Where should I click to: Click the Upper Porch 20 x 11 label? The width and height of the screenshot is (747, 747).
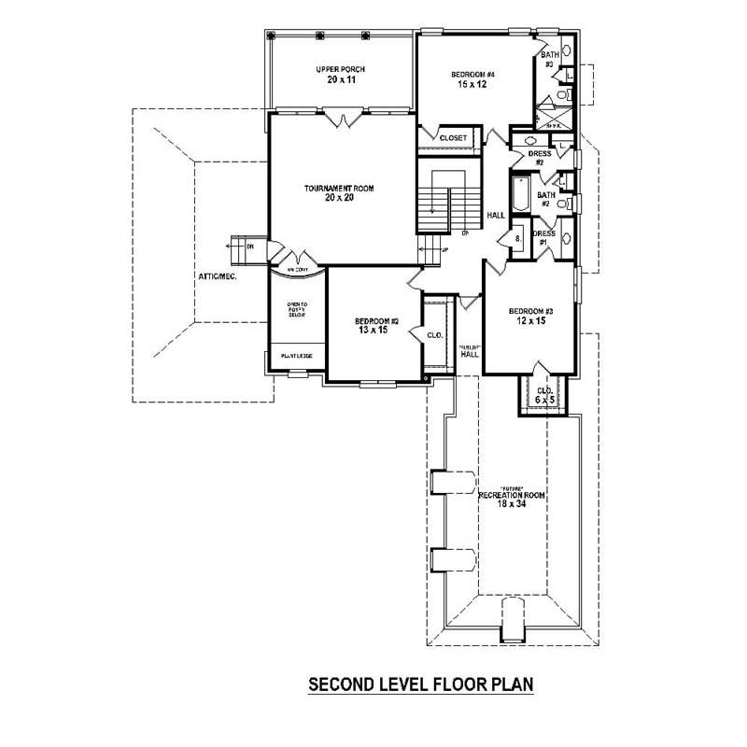340,76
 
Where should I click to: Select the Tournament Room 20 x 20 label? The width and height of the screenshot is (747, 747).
338,193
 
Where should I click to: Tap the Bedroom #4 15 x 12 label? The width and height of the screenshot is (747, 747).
472,78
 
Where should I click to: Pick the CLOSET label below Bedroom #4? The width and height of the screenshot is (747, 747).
453,138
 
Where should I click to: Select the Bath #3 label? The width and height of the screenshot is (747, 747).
550,60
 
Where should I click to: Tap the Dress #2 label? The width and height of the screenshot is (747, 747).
540,157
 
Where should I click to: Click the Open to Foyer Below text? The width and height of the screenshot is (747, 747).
297,310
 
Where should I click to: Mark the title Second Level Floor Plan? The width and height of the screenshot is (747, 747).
421,684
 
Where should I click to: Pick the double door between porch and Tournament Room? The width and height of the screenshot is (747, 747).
344,117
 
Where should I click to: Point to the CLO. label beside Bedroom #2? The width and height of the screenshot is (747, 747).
434,335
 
